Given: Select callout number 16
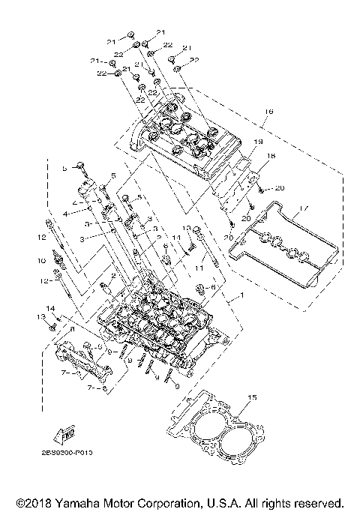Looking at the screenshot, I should pos(269,111).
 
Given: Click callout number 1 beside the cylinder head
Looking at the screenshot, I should pos(241,296).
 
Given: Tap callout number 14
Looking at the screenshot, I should pos(51,308).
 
